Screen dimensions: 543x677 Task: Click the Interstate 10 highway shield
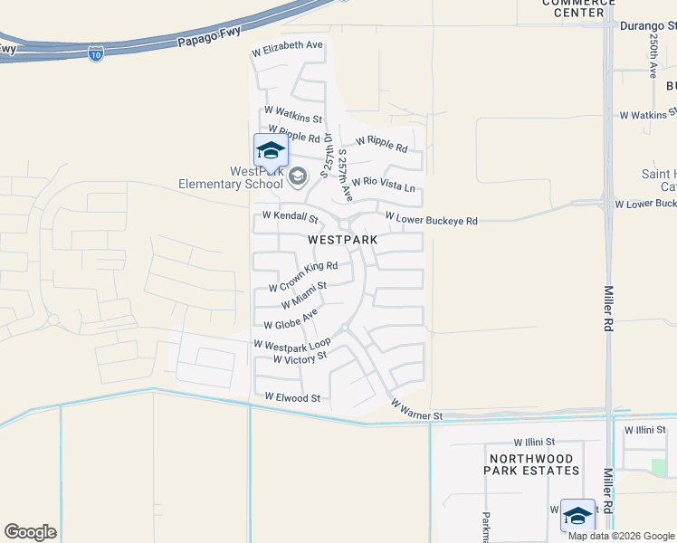pos(96,54)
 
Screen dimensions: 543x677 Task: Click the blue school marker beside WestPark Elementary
pos(271,150)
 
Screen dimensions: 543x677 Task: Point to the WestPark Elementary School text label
pos(256,177)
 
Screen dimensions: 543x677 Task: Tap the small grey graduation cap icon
pos(300,173)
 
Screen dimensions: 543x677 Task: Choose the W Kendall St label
pos(290,217)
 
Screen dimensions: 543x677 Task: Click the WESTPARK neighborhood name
pos(342,240)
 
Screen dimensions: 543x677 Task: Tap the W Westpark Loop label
pos(292,346)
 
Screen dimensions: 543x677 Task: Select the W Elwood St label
pos(292,397)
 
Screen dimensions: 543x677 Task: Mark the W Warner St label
pos(416,410)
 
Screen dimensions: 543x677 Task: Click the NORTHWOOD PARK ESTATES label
pos(533,464)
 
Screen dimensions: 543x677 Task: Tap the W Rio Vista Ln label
pos(384,184)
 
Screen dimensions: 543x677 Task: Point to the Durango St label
pos(648,26)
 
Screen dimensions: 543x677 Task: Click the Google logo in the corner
pos(30,532)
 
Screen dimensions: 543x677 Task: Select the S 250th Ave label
pos(652,56)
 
